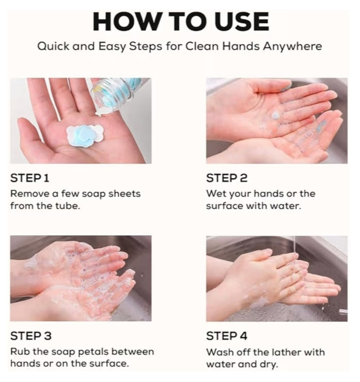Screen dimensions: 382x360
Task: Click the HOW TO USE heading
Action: (x=180, y=22)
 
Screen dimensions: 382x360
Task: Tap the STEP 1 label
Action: (x=30, y=178)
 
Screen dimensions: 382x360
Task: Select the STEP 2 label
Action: (x=227, y=178)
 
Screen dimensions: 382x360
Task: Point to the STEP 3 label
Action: (x=30, y=336)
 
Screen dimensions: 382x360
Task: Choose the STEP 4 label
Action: (x=227, y=336)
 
